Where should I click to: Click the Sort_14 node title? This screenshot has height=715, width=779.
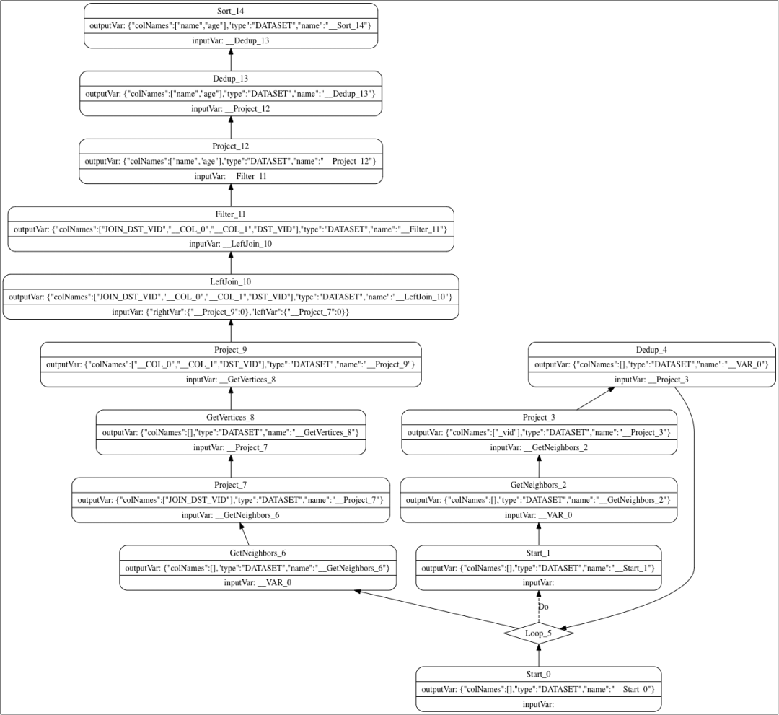(231, 12)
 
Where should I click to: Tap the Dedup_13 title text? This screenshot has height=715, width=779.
(231, 79)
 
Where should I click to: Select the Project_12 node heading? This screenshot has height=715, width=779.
(231, 146)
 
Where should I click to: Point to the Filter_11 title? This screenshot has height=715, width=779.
(231, 214)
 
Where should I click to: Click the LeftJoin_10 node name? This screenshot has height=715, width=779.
(231, 282)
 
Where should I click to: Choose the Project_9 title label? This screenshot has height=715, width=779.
(231, 350)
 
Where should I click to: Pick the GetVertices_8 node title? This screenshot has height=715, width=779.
(231, 417)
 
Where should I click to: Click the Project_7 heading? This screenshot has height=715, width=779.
(231, 485)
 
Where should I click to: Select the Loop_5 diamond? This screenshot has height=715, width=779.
(538, 633)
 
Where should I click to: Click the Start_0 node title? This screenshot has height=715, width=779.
(538, 674)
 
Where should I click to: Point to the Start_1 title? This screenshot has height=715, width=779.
(538, 553)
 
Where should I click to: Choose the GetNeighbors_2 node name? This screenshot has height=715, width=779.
(538, 485)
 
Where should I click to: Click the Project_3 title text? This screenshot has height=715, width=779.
(538, 417)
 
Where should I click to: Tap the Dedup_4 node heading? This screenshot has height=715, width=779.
(651, 350)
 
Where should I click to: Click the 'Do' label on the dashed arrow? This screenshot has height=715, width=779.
(544, 607)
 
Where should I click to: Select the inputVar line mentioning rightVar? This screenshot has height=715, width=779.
(231, 312)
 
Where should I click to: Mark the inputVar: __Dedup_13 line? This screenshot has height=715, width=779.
(231, 41)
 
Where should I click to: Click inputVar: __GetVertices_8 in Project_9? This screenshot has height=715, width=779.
(231, 380)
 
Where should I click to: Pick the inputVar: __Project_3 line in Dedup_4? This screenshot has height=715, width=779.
(651, 380)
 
